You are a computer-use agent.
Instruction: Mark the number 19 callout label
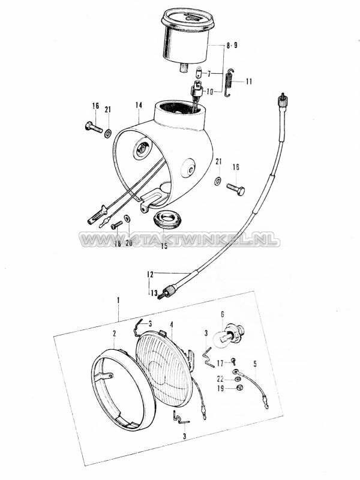[x=220, y=389]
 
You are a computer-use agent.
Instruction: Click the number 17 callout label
[x=220, y=362]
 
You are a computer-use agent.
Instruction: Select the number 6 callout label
[x=223, y=313]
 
